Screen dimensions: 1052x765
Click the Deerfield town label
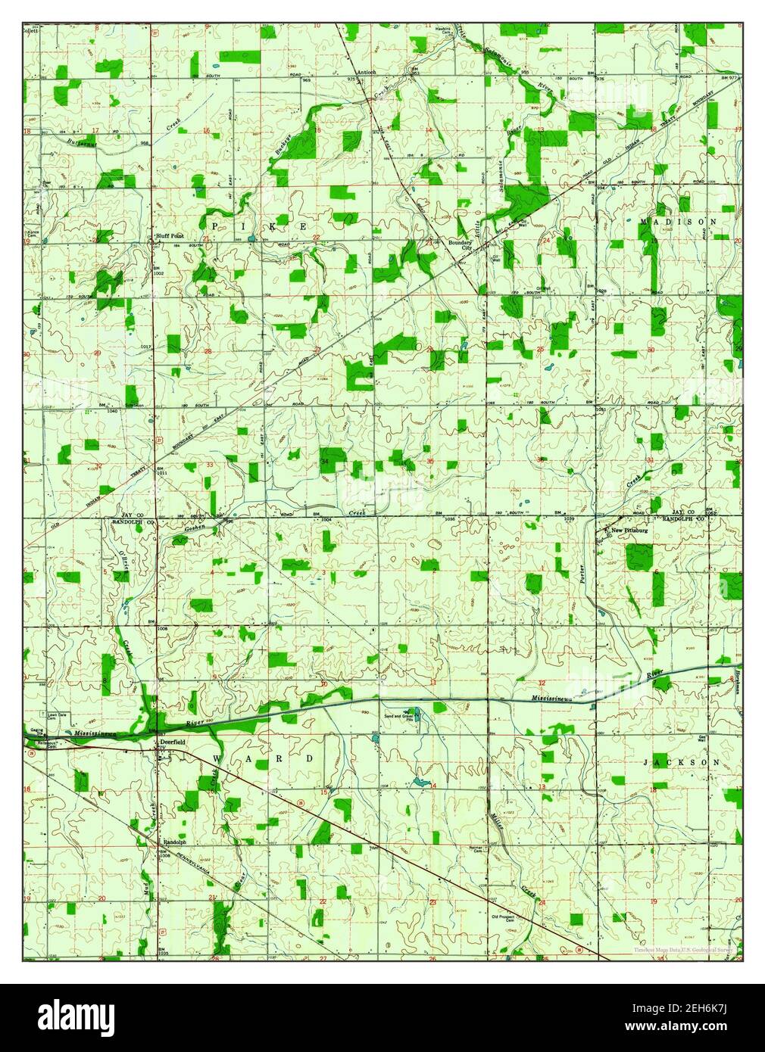(173, 742)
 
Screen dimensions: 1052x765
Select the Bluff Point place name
(170, 236)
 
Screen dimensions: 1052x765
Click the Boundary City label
(460, 246)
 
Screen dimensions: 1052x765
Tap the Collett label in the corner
(30, 31)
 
